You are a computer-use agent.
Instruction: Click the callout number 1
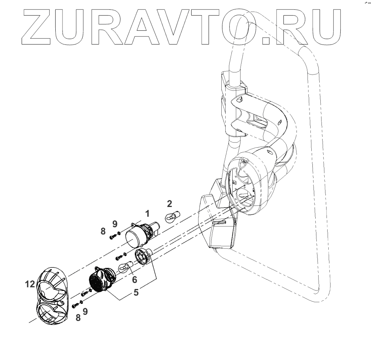[148, 212]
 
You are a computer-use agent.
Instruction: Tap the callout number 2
[169, 204]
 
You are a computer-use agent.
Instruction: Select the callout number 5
[136, 292]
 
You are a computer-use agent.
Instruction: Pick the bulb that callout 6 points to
[124, 268]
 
